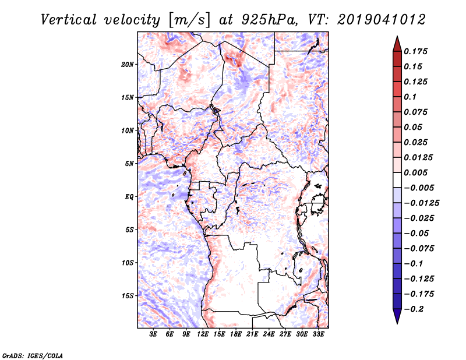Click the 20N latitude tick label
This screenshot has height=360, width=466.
point(128,64)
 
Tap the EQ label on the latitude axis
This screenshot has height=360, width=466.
point(129,197)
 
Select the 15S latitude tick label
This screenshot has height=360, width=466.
point(128,296)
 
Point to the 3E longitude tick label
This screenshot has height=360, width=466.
point(153,334)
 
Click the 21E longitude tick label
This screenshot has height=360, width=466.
point(252,334)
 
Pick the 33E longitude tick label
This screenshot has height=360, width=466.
point(318,334)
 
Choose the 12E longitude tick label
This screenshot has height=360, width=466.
point(203,334)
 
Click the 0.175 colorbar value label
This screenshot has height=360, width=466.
point(415,51)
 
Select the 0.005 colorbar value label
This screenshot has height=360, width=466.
point(415,172)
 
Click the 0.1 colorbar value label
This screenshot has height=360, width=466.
point(410,97)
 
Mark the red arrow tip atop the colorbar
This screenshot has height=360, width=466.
point(397,36)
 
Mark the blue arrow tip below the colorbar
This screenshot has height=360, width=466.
point(397,324)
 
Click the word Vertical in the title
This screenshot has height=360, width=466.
point(69,20)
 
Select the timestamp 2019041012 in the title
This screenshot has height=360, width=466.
point(382,20)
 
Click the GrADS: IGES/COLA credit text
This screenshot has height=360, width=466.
point(33,355)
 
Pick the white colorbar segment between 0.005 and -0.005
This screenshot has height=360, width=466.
point(397,180)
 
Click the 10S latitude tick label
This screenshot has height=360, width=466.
point(128,263)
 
